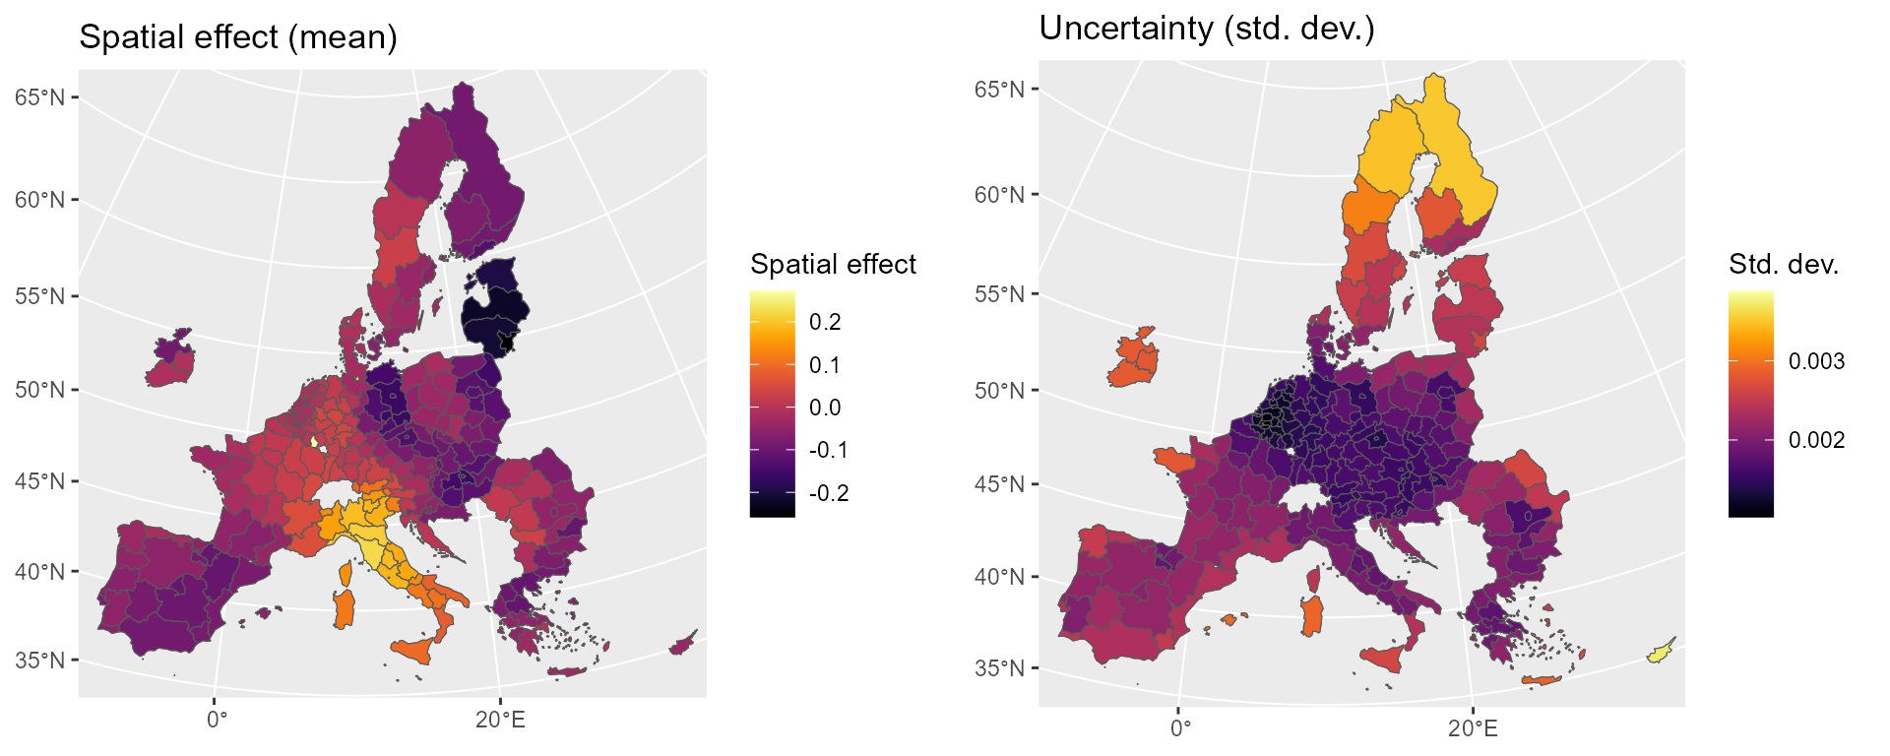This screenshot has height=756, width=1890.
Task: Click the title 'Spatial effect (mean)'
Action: [x=238, y=37]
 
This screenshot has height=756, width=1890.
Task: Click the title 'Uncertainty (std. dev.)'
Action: [x=1207, y=29]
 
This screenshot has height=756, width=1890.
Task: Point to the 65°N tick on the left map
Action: [x=40, y=97]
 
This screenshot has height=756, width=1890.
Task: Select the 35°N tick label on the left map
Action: [x=40, y=660]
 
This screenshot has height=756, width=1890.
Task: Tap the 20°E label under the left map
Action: [x=500, y=721]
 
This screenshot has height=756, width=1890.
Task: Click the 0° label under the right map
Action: [x=1180, y=728]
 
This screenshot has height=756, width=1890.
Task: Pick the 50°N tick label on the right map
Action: [x=999, y=391]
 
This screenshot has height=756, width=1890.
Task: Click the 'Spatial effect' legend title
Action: [x=833, y=264]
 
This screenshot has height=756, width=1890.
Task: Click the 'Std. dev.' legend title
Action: [x=1784, y=264]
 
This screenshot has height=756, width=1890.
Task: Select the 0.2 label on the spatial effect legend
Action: [x=825, y=322]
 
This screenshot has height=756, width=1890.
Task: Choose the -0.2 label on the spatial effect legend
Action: [x=829, y=493]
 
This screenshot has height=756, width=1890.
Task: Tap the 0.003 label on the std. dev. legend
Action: [x=1816, y=361]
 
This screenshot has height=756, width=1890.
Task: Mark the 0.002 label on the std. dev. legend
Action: [x=1816, y=440]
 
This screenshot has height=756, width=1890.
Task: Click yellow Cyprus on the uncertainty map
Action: [x=1663, y=650]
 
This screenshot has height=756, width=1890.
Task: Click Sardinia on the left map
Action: [x=344, y=609]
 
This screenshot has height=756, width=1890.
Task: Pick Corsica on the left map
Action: [x=346, y=573]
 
